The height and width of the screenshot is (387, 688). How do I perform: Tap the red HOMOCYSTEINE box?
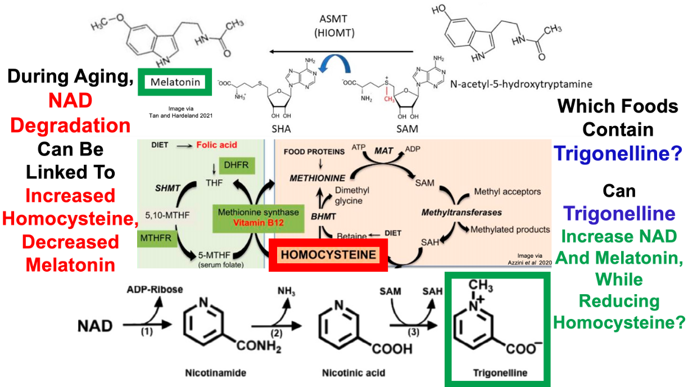328,255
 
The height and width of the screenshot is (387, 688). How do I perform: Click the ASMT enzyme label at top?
334,21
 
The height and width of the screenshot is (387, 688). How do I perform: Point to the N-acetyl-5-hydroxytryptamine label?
522,84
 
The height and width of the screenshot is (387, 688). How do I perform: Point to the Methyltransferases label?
461,213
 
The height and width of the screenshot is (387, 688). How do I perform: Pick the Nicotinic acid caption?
346,373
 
